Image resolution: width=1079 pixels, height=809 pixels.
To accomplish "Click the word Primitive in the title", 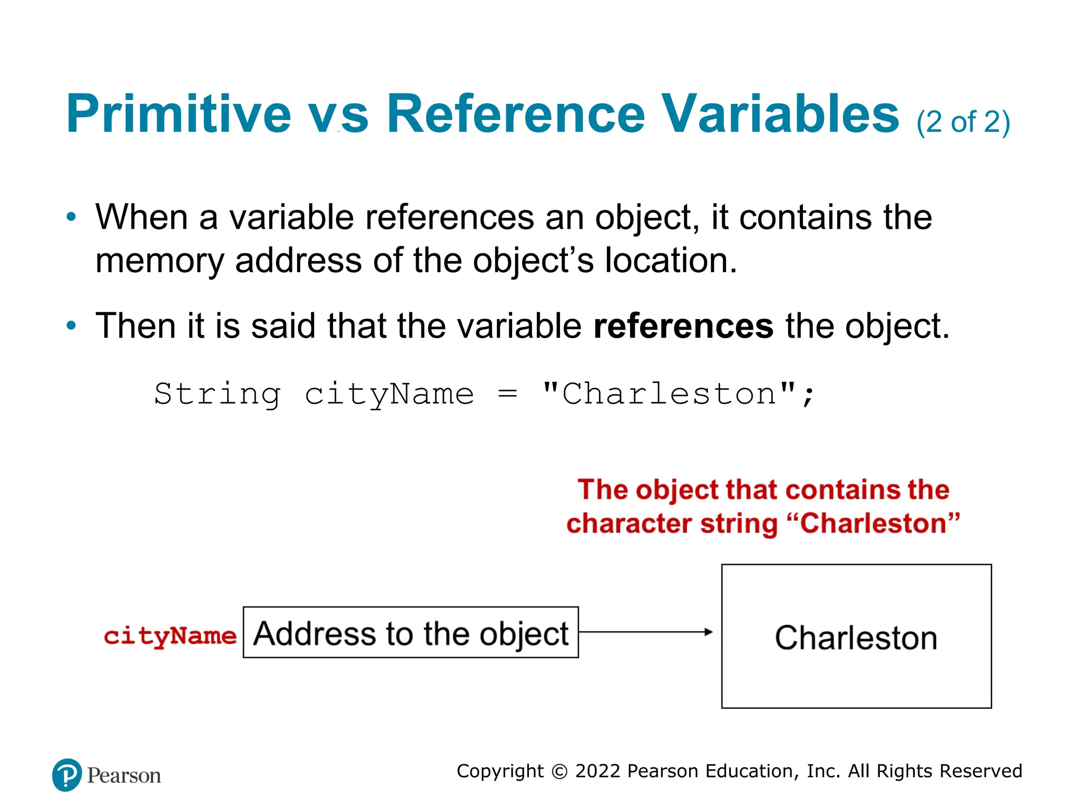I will coord(178,114).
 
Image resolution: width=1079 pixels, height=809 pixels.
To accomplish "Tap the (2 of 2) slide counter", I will coord(963,122).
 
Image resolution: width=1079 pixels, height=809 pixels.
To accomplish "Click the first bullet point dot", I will coord(71,217).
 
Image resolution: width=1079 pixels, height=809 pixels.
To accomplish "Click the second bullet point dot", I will coord(71,325).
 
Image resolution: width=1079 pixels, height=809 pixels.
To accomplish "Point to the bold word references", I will coord(683,327).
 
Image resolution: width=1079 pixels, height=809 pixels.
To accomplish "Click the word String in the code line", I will coord(217,394).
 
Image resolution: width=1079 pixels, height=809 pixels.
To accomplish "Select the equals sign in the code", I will coord(507,394).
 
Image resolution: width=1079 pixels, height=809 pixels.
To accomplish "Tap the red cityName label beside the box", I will coord(170,636).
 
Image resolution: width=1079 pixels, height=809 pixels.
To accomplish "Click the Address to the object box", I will coord(410,633).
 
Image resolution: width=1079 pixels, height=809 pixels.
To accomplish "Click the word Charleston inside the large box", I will coord(856,638).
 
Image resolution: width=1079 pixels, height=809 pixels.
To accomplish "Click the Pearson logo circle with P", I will coord(67,775).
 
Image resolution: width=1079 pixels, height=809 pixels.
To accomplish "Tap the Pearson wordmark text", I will coord(124,776).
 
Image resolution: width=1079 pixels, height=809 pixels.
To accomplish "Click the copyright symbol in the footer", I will coord(559,772).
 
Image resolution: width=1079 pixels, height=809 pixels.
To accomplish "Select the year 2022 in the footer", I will coord(598,771).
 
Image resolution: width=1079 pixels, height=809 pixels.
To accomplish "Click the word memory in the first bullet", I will coord(159,261).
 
